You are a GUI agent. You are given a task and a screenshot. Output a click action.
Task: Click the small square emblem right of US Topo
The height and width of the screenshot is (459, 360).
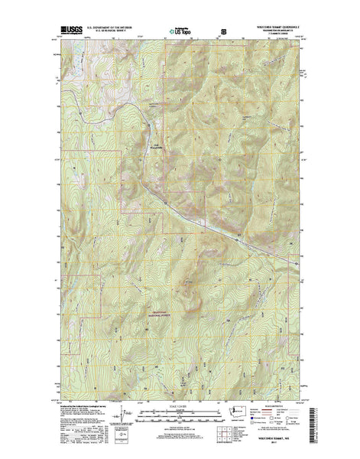224,31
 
